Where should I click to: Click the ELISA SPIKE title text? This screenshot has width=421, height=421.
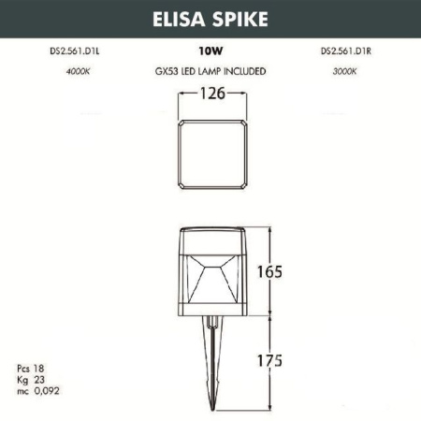coord(210,18)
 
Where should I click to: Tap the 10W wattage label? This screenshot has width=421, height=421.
coord(210,53)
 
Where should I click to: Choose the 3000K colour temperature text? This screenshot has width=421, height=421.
coord(344,71)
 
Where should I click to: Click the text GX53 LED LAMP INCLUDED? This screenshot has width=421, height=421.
coord(210,71)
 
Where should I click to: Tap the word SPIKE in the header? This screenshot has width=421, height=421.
coord(242,18)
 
